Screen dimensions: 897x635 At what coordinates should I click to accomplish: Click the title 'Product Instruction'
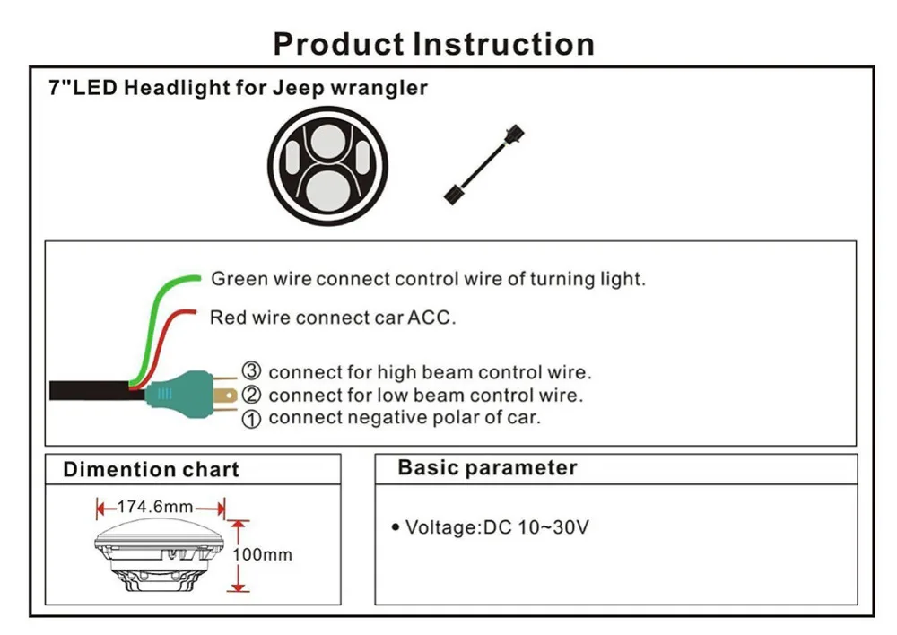433,44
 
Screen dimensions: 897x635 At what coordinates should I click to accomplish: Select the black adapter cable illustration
484,165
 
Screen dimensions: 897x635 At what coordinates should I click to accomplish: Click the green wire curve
151,320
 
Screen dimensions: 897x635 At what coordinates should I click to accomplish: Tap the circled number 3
251,370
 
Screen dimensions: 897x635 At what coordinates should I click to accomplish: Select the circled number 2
251,395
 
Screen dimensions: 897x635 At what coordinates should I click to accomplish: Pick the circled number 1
251,419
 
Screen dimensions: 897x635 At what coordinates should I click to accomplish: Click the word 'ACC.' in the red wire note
431,317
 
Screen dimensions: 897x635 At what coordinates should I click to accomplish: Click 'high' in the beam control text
393,372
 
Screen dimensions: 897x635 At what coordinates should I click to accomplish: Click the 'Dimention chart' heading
151,469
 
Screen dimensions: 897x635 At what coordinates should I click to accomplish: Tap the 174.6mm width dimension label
155,507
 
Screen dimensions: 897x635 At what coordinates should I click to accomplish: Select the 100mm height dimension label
262,554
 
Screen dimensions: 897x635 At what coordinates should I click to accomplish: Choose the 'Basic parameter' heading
487,467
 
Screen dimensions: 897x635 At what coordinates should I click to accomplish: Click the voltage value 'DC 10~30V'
536,526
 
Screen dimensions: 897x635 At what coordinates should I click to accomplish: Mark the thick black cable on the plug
96,390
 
